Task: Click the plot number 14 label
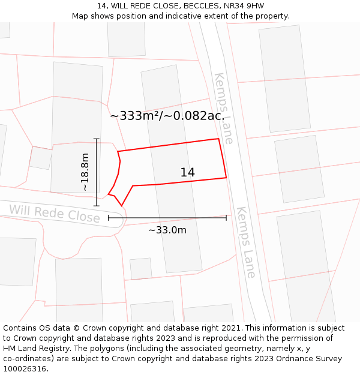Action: tap(187, 173)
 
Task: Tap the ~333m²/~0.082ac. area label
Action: tap(167, 116)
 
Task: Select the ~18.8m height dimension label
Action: tap(85, 172)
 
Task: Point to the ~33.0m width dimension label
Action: tap(167, 230)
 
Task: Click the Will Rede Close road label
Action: tap(54, 213)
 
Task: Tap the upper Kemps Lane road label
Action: tap(223, 108)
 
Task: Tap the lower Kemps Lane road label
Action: tap(246, 242)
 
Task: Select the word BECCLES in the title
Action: tap(181, 6)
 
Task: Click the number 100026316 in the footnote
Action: tap(25, 368)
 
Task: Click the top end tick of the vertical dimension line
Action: tap(97, 139)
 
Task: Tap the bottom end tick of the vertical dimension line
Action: tap(97, 206)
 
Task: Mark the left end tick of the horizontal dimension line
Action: tap(109, 218)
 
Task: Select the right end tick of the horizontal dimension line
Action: tap(226, 218)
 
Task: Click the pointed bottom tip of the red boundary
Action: tap(122, 206)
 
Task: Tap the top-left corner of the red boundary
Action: tap(118, 151)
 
